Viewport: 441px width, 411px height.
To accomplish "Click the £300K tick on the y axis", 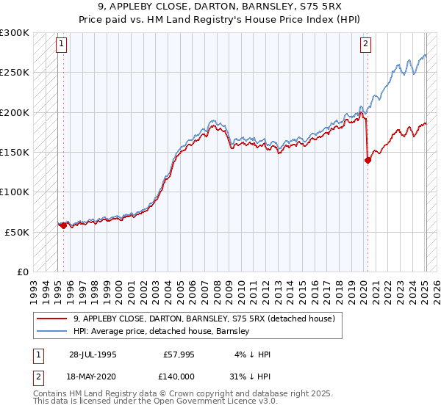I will [15, 33].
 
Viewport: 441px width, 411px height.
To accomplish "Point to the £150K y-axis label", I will [15, 153].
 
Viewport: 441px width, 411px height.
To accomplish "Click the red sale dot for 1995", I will [64, 225].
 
